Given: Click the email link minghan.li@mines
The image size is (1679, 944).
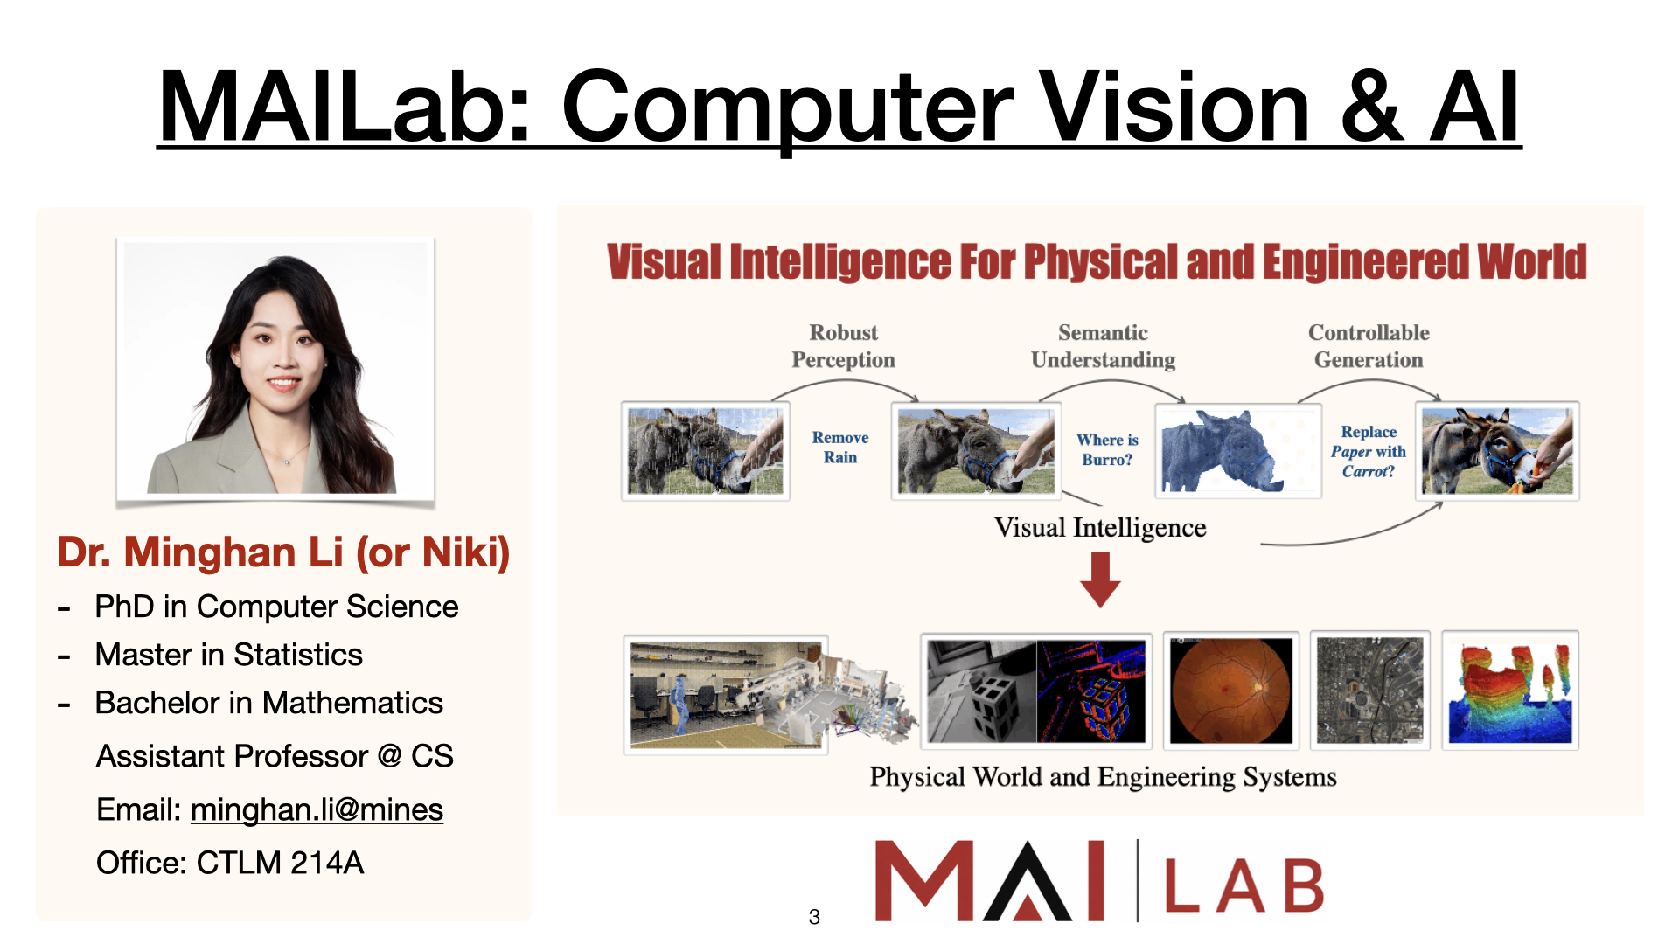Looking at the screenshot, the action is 317,810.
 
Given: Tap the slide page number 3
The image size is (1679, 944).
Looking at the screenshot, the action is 814,917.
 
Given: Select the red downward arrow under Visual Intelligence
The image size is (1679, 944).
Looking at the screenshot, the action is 1100,580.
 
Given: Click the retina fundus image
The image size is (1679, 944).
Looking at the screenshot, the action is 1231,691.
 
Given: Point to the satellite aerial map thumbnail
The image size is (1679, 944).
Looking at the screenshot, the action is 1369,691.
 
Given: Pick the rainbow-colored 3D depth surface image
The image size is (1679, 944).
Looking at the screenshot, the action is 1510,691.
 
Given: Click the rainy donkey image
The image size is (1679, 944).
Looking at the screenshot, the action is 706,451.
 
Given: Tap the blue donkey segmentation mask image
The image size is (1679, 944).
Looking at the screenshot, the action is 1238,451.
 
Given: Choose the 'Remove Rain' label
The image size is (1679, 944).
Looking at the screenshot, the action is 840,447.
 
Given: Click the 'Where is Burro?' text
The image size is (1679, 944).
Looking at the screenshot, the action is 1107,449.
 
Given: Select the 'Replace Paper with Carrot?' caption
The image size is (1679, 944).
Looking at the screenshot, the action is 1369,451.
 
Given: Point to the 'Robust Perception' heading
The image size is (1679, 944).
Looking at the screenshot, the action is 843,346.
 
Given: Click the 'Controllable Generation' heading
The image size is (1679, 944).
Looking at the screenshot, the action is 1369,346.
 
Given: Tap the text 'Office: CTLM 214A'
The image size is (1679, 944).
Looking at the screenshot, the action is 230,863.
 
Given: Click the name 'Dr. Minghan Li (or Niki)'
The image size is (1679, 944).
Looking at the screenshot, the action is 283,552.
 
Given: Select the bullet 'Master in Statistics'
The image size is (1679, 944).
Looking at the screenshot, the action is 228,655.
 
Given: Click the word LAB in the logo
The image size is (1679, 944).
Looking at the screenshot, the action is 1244,885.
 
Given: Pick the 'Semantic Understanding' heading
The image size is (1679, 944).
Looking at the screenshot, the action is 1103,346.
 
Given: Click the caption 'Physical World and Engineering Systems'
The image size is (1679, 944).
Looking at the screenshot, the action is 1103,777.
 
